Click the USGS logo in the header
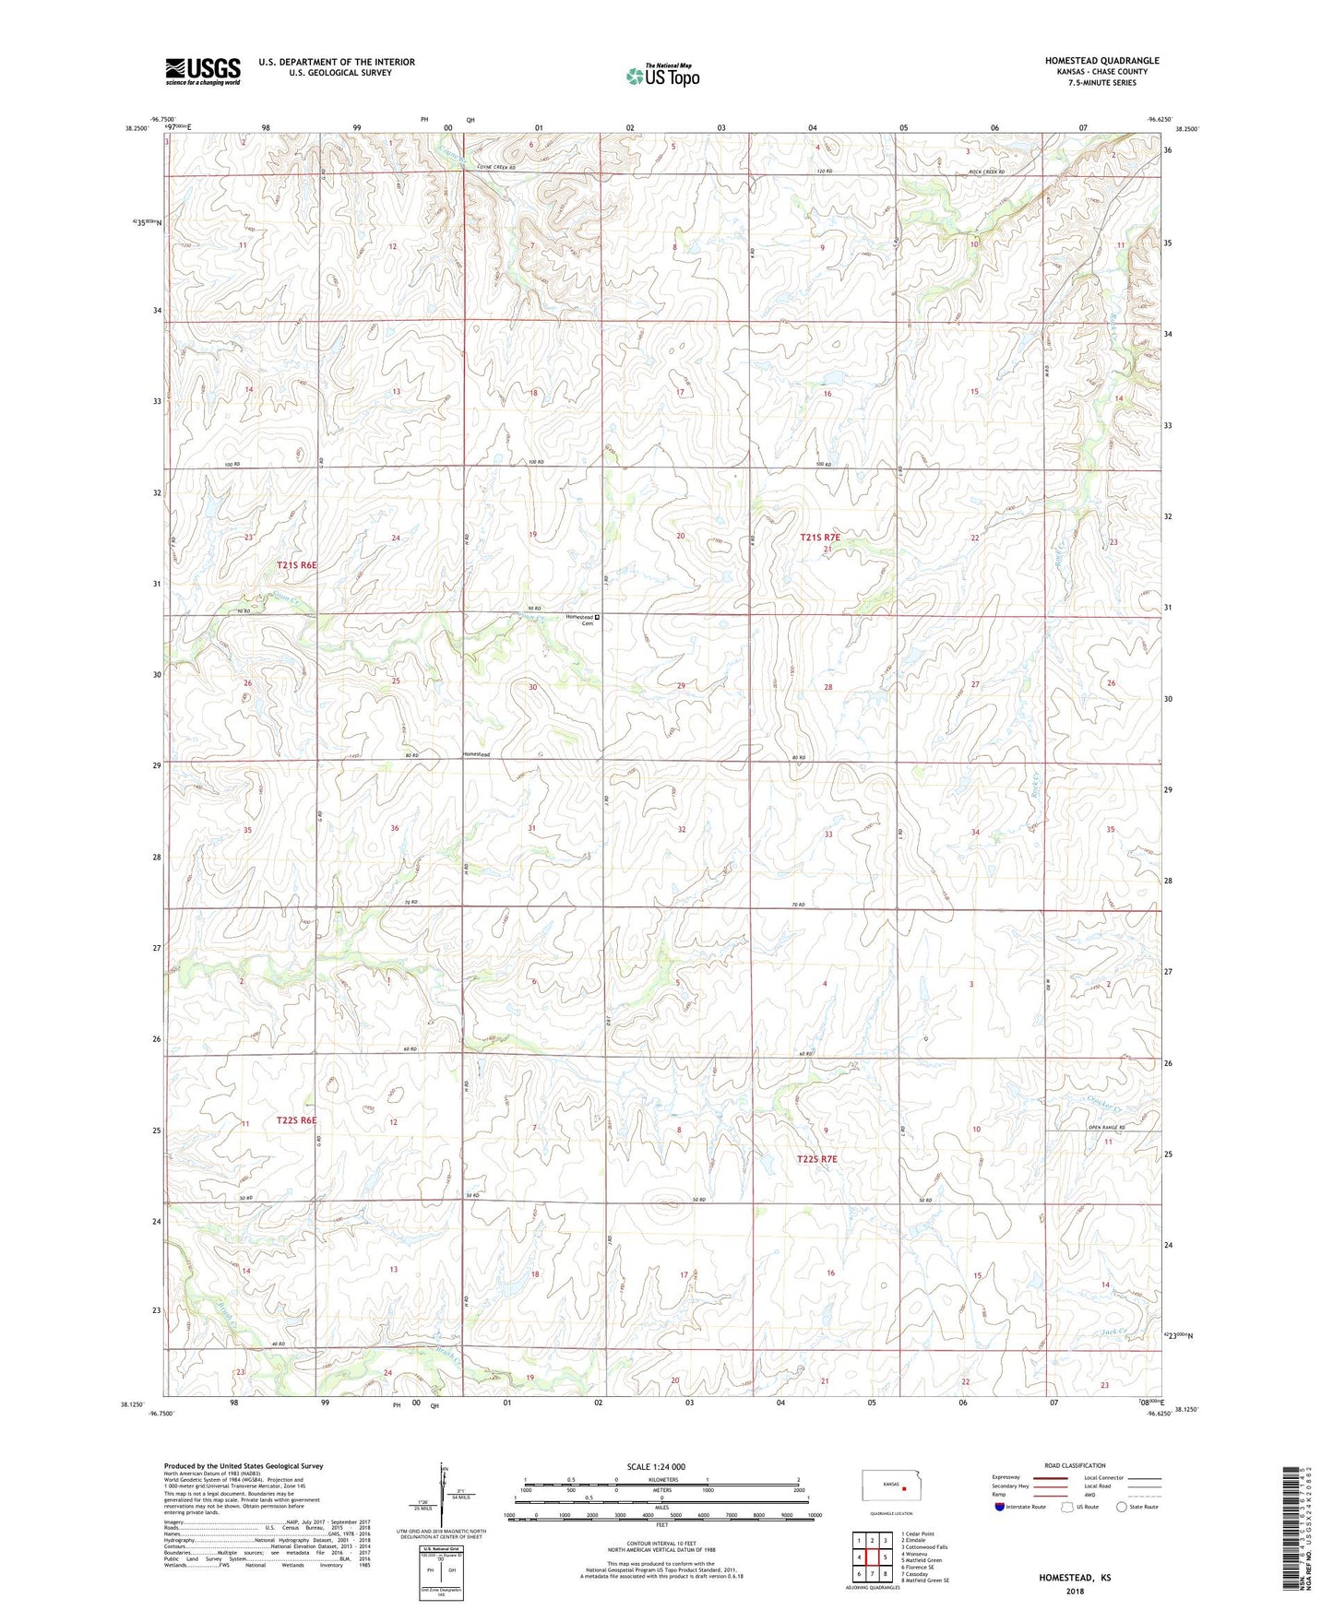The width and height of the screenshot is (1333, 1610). (x=202, y=71)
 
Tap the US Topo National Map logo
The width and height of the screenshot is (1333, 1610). (x=662, y=76)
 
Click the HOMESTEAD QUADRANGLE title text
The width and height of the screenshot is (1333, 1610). (x=1101, y=61)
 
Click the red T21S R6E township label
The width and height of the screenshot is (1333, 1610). (x=297, y=564)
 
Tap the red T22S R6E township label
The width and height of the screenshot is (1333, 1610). (x=296, y=1120)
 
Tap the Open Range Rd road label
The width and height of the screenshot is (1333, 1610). (x=1107, y=1128)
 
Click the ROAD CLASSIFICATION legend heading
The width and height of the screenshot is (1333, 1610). (x=1075, y=1465)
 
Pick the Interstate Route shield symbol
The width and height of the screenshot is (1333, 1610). (x=1000, y=1507)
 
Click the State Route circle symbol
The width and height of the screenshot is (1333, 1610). (x=1122, y=1507)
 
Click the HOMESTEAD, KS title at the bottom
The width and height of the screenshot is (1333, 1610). (x=1075, y=1578)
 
